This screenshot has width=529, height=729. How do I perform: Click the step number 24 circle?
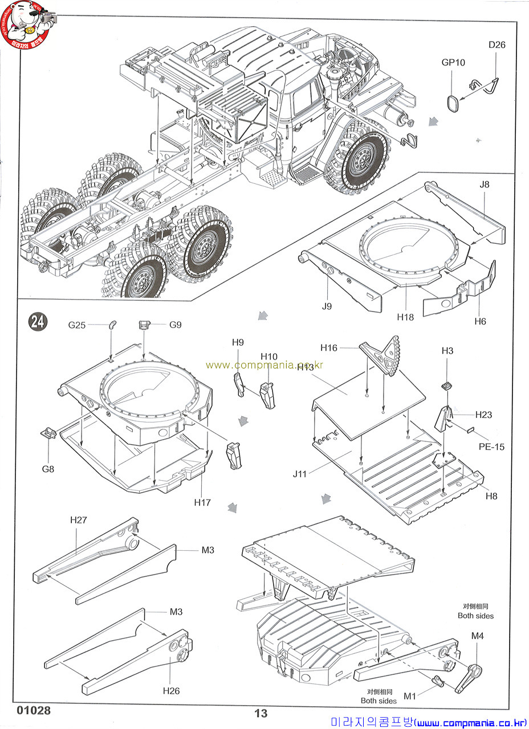click(x=38, y=322)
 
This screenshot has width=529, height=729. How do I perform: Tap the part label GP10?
click(x=454, y=63)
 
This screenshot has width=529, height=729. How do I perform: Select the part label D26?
click(x=497, y=45)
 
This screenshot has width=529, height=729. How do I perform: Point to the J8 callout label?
click(x=485, y=184)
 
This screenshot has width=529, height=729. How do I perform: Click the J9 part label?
click(x=326, y=306)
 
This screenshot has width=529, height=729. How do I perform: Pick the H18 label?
click(x=405, y=317)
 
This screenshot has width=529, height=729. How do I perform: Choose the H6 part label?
click(x=481, y=321)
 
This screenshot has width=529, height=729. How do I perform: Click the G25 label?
click(x=77, y=325)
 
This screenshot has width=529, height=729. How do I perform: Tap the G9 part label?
click(x=175, y=325)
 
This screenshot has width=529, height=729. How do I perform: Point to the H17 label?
click(x=202, y=502)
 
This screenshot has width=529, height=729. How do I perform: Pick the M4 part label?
click(x=477, y=636)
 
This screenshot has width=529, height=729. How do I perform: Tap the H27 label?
click(x=78, y=519)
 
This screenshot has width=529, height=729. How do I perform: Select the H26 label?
click(x=171, y=691)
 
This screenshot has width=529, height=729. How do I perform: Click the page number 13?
click(x=261, y=714)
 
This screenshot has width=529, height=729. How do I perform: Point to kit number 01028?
click(x=34, y=711)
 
